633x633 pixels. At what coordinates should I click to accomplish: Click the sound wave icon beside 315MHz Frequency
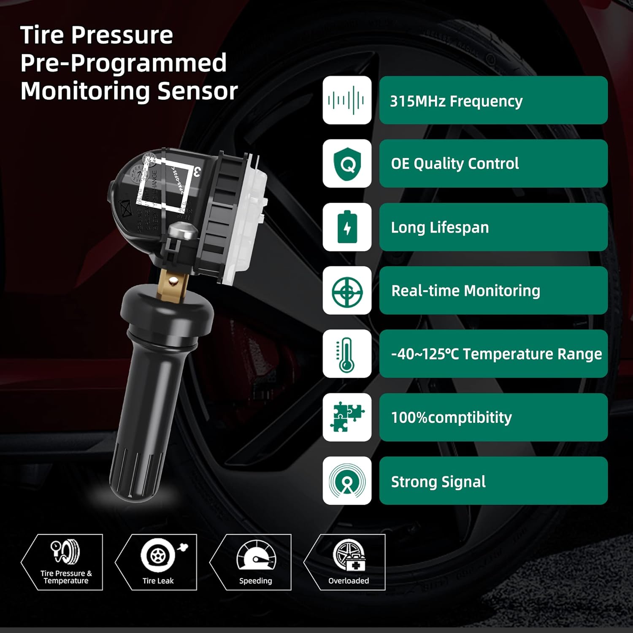[347, 100]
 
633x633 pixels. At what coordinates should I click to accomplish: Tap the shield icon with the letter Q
[347, 164]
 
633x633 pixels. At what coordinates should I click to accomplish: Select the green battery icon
[347, 227]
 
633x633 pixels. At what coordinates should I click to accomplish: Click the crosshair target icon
[347, 291]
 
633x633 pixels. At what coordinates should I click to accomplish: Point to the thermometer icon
[347, 354]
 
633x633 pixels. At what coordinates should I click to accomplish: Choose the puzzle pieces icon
[347, 417]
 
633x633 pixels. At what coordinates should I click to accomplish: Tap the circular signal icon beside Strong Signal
[347, 481]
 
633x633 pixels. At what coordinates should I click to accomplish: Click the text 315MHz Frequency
[456, 101]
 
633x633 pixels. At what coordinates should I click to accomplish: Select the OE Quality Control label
[454, 164]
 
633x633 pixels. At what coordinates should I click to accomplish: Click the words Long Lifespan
[440, 227]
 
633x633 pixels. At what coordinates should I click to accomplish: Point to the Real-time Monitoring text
[465, 291]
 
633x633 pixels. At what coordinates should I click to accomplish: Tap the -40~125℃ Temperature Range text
[496, 354]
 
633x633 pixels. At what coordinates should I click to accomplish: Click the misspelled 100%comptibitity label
[451, 417]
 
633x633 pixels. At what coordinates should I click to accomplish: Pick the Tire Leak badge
[157, 562]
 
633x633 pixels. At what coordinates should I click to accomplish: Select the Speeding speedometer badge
[256, 562]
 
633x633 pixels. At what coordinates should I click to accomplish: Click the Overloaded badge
[349, 562]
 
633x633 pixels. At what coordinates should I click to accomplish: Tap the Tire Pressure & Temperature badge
[65, 562]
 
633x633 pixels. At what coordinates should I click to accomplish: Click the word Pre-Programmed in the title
[123, 63]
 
